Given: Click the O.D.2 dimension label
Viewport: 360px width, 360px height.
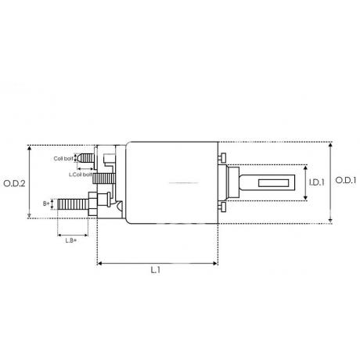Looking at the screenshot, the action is tap(14, 183).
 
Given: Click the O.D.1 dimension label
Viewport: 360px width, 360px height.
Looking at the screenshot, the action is tap(346, 180).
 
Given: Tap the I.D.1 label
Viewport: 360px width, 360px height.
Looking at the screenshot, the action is tap(317, 182).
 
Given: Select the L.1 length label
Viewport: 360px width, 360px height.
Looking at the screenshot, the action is tap(156, 270).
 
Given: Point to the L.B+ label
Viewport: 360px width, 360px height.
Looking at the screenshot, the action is tap(71, 240).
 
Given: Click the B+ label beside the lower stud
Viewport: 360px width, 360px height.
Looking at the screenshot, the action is tap(46, 203).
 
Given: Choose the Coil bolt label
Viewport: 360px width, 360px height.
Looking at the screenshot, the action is tap(63, 158).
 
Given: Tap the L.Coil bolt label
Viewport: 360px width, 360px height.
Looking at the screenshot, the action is tap(81, 175).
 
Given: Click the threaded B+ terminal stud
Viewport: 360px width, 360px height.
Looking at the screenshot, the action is tap(73, 204).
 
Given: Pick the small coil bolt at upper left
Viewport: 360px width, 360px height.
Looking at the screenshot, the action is tap(87, 157).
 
